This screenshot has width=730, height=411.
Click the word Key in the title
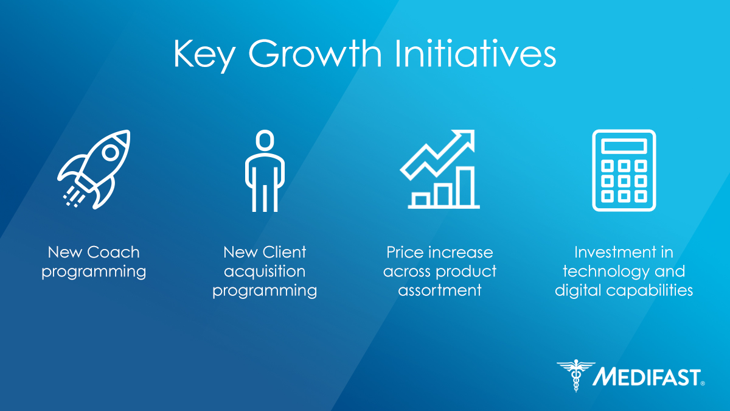(204, 55)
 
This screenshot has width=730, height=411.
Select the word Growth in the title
(315, 53)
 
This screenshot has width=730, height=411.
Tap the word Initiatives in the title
(476, 52)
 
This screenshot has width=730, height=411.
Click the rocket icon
(94, 169)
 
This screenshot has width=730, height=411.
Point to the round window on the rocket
(111, 153)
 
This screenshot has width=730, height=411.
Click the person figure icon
(265, 170)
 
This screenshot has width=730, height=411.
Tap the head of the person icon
(265, 140)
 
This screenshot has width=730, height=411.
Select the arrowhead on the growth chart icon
(464, 140)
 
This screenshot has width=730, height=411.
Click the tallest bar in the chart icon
(465, 186)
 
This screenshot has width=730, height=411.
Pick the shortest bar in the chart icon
(420, 199)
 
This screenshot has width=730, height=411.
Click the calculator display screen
(624, 146)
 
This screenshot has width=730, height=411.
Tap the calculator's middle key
(624, 181)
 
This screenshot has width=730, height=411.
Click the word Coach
(113, 252)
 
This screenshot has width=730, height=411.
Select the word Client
(285, 252)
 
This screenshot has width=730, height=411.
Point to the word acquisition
(265, 272)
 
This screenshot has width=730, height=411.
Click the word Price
(405, 252)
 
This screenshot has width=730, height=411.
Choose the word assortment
(440, 290)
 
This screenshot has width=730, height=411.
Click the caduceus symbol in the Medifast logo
(576, 375)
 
